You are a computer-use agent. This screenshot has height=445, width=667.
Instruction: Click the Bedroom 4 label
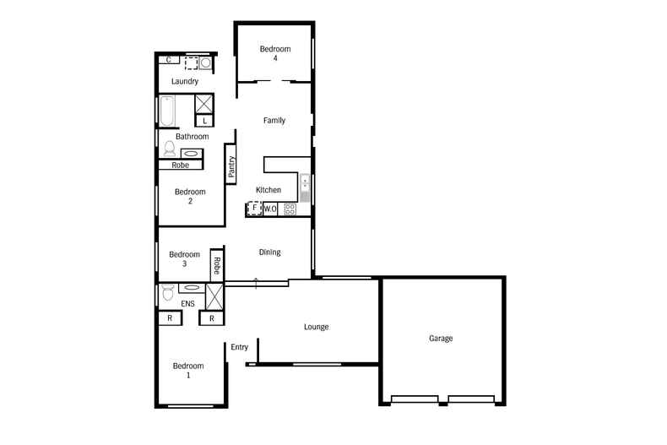point(275,53)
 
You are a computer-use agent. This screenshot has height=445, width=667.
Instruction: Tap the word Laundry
point(185,82)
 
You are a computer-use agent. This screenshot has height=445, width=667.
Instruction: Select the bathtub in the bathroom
point(165,111)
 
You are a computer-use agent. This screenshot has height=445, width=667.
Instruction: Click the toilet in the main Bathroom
point(169,150)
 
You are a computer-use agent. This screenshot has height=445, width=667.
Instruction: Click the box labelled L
point(205,121)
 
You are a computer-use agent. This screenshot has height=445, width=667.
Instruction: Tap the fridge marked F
point(254,209)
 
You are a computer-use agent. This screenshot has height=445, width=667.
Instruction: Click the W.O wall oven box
point(271,209)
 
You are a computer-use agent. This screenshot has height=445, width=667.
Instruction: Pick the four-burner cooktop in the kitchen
point(290,209)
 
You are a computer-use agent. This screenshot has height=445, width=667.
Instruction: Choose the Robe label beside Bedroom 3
point(217,267)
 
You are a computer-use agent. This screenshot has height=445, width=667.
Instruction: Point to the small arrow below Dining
point(256,282)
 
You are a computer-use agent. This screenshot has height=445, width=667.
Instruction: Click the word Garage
point(441,339)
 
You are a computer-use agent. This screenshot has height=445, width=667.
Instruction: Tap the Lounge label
point(317,327)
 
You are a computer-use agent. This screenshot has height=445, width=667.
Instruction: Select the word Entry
point(240,347)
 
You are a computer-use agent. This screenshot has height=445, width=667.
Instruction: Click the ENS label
point(187,303)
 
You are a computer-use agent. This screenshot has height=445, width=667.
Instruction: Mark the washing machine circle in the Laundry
point(205,62)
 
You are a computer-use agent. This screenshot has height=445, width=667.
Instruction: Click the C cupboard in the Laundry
point(170,60)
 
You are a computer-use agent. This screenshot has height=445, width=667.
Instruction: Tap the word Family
point(274,121)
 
